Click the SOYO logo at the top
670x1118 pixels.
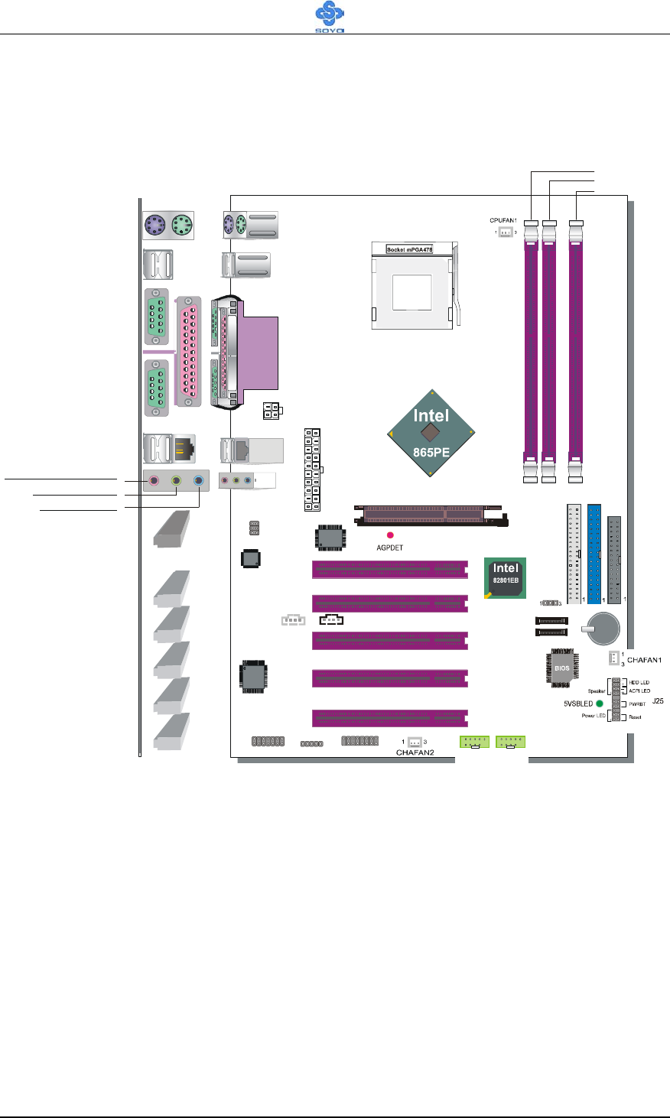[330, 18]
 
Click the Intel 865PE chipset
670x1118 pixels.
[431, 433]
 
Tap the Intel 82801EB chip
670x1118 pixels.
[506, 577]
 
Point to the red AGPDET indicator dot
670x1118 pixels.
[390, 535]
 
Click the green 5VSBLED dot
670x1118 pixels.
[600, 703]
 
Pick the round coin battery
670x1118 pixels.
[602, 629]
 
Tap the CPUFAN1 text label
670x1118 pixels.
[503, 220]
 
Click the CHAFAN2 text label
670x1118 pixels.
[415, 752]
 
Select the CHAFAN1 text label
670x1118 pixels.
[644, 659]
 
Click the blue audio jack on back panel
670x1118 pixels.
[199, 481]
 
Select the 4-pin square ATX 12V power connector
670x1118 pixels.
[270, 411]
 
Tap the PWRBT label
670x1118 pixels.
[637, 704]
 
